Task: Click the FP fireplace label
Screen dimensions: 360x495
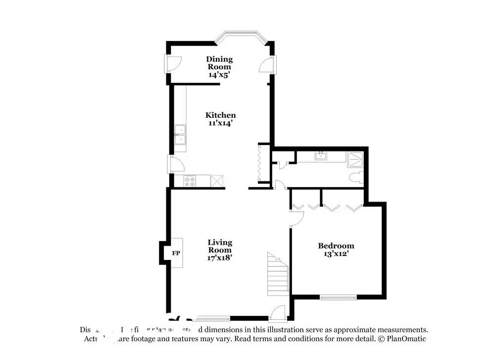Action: [176, 254]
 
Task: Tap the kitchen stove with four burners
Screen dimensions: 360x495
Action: [190, 181]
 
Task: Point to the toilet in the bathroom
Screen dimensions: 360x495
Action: [356, 178]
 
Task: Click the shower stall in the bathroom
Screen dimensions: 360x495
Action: [356, 158]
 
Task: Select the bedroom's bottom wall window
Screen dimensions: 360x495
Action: [338, 298]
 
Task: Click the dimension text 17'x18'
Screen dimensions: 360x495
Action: [220, 257]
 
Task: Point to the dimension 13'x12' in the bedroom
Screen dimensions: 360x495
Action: [336, 255]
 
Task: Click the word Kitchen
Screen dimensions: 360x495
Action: [220, 115]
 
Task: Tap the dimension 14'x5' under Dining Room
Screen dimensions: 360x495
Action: [219, 75]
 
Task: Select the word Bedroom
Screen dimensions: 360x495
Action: [336, 246]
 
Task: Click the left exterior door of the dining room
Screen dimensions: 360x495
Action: [171, 63]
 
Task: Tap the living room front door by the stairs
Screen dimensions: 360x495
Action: [278, 312]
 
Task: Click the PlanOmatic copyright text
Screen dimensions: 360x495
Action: [401, 339]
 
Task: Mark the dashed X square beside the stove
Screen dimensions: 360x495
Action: [216, 181]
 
